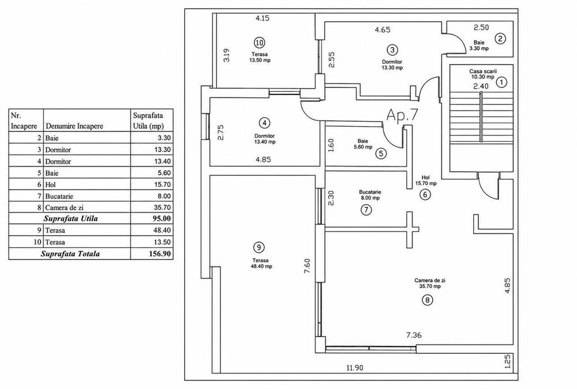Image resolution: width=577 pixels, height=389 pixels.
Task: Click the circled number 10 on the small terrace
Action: [x=260, y=43]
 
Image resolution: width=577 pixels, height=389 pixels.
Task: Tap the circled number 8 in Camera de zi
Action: [x=427, y=300]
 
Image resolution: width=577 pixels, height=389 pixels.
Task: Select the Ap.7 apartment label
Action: [x=402, y=115]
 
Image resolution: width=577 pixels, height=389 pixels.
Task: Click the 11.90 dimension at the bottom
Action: [x=355, y=368]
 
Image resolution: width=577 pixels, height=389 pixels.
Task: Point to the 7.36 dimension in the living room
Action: [x=414, y=335]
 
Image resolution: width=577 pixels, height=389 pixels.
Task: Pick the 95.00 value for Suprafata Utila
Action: [x=162, y=218]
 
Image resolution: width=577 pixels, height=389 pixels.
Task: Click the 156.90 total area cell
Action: [x=159, y=254]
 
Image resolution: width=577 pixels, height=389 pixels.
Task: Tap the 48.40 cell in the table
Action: [x=162, y=230]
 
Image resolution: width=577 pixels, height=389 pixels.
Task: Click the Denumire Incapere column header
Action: [x=74, y=126]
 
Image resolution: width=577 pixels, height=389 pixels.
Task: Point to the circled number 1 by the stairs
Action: [x=501, y=82]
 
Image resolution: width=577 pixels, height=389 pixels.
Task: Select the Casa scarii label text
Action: [x=483, y=71]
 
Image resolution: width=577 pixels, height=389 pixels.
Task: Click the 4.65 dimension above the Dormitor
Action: [x=383, y=30]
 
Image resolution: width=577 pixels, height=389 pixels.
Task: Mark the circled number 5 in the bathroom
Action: [x=381, y=153]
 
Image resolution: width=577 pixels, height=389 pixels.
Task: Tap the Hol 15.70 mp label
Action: [x=426, y=180]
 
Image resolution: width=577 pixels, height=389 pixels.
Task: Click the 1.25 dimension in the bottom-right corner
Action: [x=507, y=361]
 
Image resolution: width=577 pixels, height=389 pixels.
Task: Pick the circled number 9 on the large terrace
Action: [x=260, y=247]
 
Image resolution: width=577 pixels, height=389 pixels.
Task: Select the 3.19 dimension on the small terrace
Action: [x=227, y=55]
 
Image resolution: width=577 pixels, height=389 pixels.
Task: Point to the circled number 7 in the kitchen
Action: [x=366, y=210]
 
